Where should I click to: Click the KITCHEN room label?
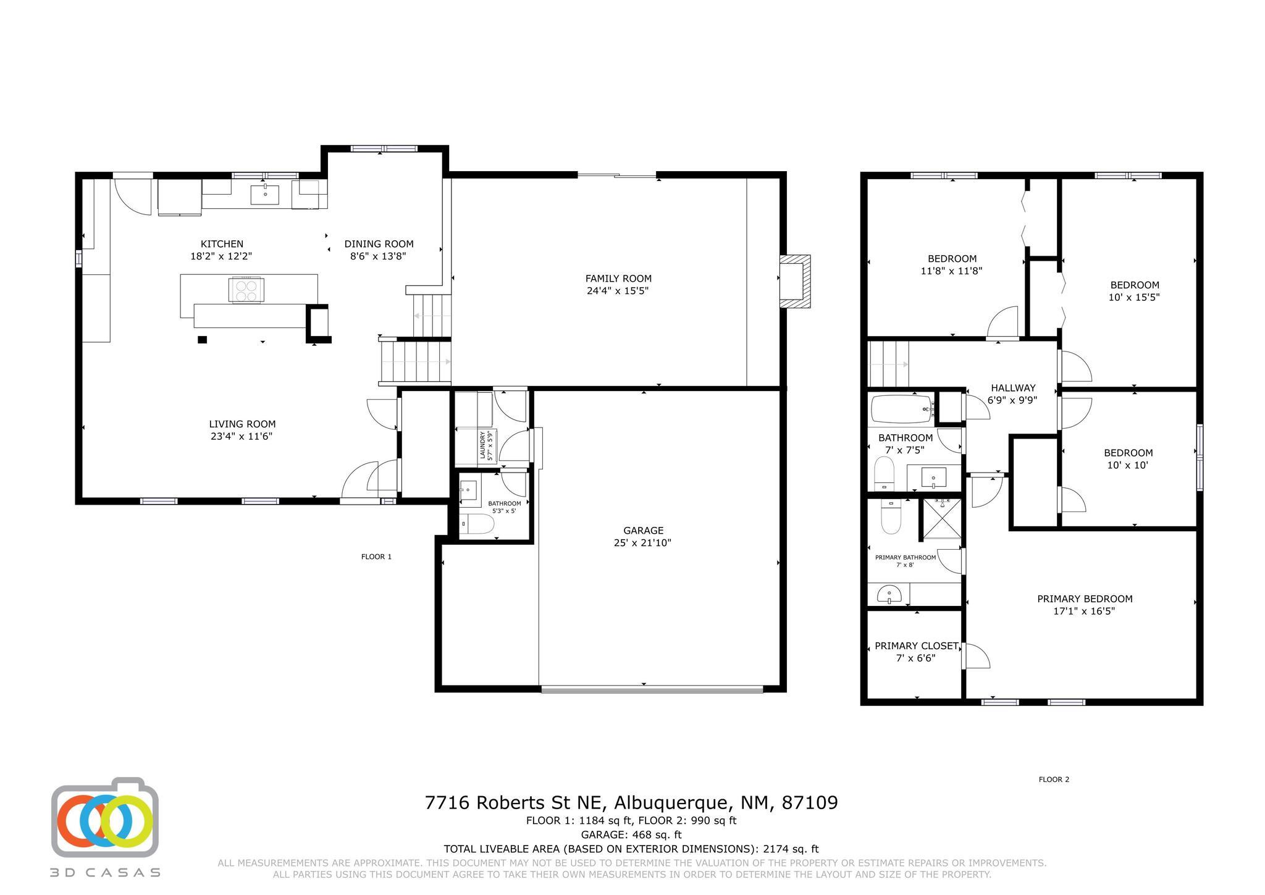(222, 244)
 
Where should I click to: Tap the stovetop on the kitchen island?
(246, 290)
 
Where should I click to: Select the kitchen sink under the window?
(265, 194)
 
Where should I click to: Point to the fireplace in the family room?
(794, 282)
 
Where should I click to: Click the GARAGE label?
(643, 531)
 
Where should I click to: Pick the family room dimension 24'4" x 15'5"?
(618, 291)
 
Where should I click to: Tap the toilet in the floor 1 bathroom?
(477, 525)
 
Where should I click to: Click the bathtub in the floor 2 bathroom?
(902, 408)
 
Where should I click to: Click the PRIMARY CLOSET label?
(917, 646)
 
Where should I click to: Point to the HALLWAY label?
(1013, 388)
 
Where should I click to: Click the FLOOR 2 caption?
(1054, 779)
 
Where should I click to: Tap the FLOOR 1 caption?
(376, 557)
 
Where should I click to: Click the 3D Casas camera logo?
(105, 817)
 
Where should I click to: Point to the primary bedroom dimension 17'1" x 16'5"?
(1084, 611)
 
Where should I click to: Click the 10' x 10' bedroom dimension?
(1128, 465)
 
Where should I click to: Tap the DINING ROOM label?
(379, 244)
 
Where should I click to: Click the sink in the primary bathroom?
(889, 594)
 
